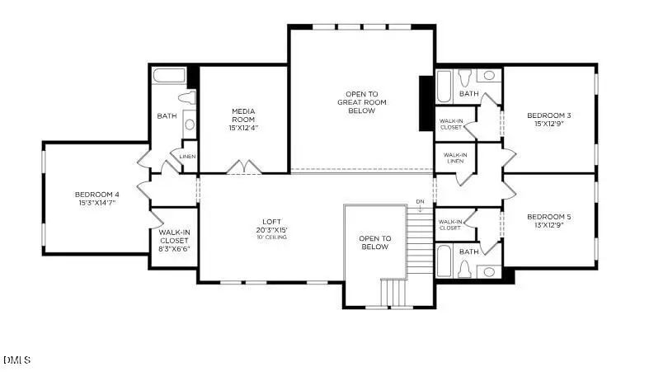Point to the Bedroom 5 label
pyautogui.click(x=548, y=218)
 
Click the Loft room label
pyautogui.click(x=270, y=222)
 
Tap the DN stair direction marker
pyautogui.click(x=420, y=201)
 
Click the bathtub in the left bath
pyautogui.click(x=170, y=78)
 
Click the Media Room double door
pyautogui.click(x=245, y=167)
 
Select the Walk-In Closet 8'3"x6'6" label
pyautogui.click(x=174, y=239)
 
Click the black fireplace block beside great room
pyautogui.click(x=426, y=103)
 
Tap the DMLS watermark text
pyautogui.click(x=16, y=360)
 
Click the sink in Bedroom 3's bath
pyautogui.click(x=489, y=76)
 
